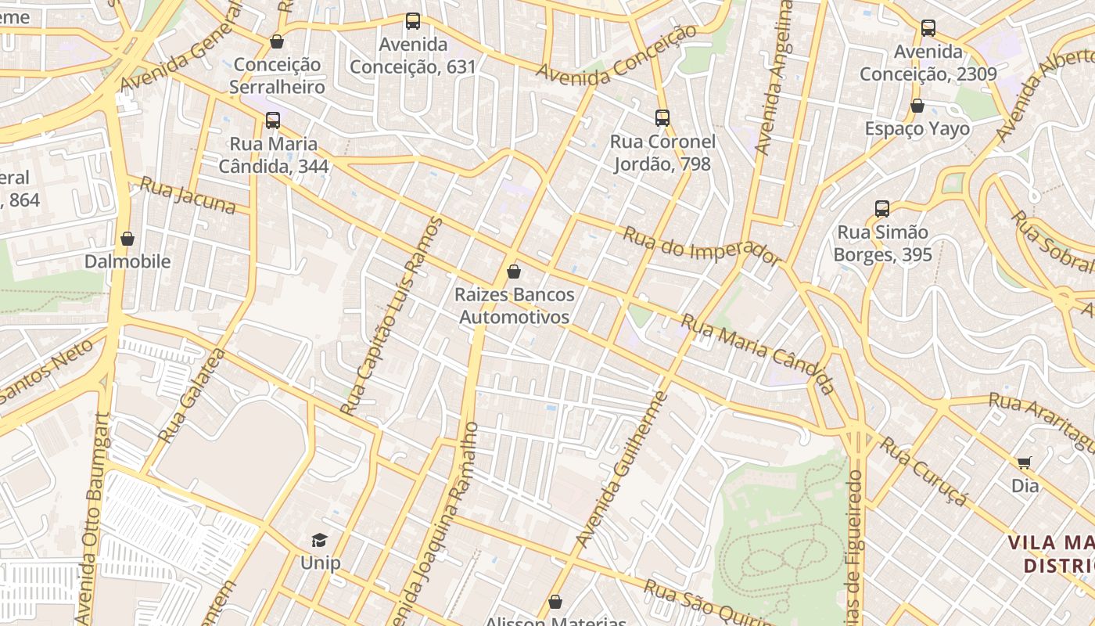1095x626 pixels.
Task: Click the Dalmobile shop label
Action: (x=127, y=261)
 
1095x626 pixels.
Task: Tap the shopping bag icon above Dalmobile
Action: (x=127, y=239)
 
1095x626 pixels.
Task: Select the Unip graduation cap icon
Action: (x=319, y=540)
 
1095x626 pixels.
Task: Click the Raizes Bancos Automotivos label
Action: (x=514, y=306)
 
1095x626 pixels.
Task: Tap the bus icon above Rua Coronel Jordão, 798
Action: (x=662, y=118)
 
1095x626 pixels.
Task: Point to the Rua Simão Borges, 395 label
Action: (x=882, y=243)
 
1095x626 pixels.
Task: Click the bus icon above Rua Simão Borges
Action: (x=882, y=209)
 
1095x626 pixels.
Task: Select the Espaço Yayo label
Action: (x=917, y=128)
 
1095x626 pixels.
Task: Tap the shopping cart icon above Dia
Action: (x=1024, y=462)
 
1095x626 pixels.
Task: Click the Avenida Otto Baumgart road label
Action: (x=93, y=516)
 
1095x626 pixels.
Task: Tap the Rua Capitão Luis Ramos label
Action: (x=392, y=315)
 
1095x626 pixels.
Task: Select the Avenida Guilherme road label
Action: (x=622, y=468)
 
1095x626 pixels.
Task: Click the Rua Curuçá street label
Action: (x=924, y=471)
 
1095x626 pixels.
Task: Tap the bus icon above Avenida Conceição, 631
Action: (x=412, y=21)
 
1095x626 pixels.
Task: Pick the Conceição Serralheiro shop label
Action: (x=277, y=76)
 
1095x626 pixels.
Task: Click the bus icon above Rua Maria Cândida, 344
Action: (x=272, y=121)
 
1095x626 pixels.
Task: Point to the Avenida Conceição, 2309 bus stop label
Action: (x=928, y=63)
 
